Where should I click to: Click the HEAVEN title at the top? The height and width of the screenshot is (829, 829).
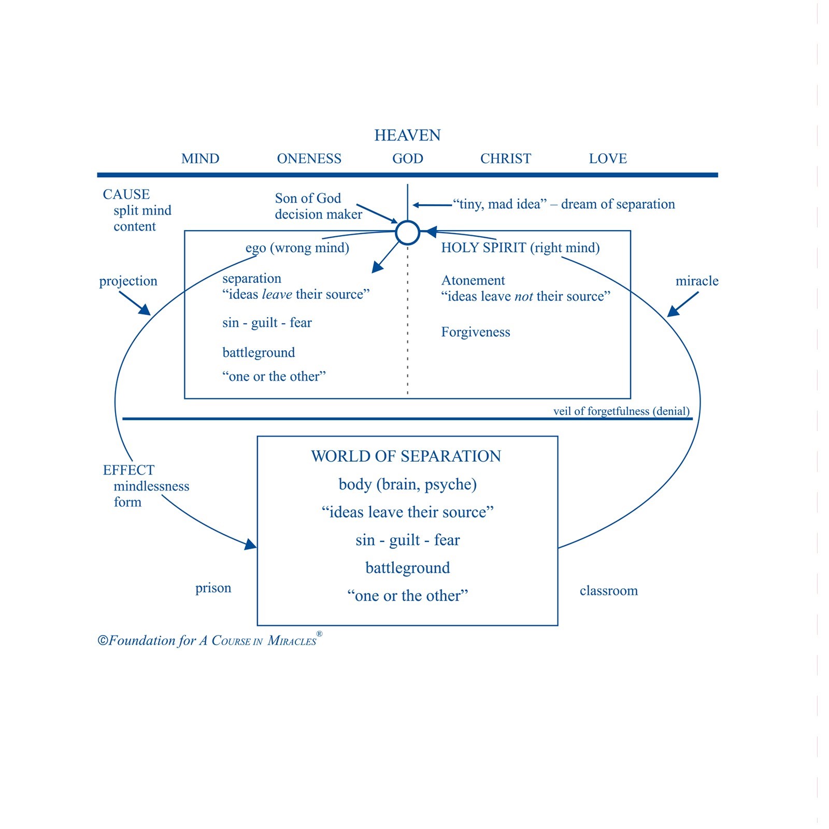tap(407, 135)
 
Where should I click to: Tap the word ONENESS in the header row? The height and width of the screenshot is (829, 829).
tap(309, 159)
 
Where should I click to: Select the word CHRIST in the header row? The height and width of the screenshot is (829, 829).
tap(506, 159)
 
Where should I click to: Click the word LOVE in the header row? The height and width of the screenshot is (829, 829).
tap(608, 159)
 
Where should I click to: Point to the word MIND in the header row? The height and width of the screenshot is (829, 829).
tap(201, 159)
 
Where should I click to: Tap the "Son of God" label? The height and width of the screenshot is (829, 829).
tap(308, 198)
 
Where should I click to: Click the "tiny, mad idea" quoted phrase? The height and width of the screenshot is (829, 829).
tap(499, 204)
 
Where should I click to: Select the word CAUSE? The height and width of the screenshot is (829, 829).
tap(126, 194)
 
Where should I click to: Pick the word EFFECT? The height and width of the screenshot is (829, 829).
tap(128, 470)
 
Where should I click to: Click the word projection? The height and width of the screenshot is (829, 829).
tap(128, 281)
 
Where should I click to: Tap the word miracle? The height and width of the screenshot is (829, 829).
tap(697, 281)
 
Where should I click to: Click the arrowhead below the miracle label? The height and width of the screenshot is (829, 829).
tap(673, 311)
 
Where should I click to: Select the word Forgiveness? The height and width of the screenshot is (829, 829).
tap(476, 332)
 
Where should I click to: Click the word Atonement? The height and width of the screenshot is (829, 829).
tap(473, 280)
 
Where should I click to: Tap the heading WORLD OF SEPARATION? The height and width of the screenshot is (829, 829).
tap(406, 456)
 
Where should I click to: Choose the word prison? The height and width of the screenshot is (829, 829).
tap(213, 589)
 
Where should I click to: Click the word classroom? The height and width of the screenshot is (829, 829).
tap(609, 591)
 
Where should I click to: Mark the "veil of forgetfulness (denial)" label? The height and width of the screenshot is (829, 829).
tap(621, 411)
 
